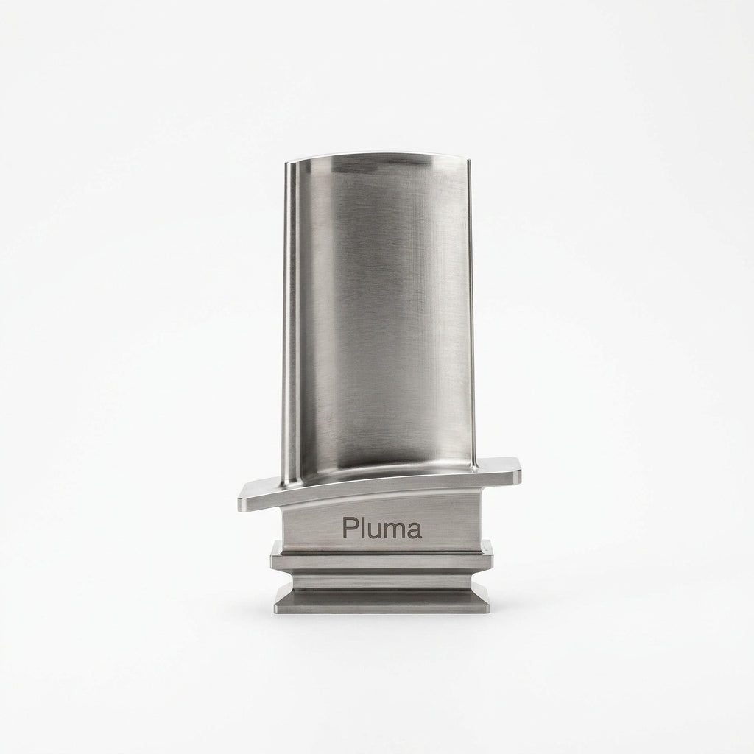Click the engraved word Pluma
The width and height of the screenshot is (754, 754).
(382, 528)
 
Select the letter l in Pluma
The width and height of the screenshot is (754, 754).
(361, 528)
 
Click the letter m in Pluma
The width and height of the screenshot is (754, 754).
(393, 531)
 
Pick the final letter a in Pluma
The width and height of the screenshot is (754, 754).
(415, 531)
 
